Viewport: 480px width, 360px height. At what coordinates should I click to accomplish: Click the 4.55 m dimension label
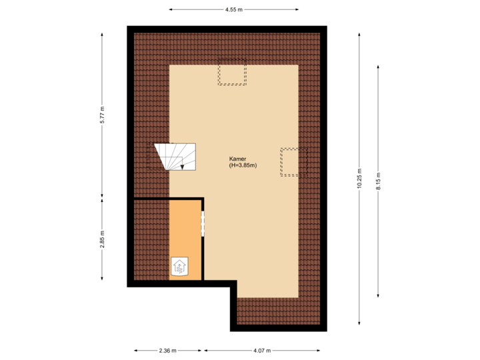233,10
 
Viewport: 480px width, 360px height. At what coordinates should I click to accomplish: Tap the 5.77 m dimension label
102,115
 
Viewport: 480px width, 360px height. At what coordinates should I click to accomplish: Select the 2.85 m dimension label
102,241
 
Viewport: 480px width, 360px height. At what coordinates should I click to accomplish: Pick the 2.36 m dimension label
167,350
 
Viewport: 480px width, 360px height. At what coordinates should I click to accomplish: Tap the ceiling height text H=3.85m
243,165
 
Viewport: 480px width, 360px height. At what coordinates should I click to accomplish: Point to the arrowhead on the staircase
182,167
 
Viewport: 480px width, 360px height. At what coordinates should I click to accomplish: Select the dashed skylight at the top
232,72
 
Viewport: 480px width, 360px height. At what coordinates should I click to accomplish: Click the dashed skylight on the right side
293,162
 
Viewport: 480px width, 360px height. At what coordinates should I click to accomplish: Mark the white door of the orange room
203,223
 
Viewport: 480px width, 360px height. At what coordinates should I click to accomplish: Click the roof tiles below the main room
277,311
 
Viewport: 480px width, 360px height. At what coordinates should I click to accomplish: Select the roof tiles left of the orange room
151,240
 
